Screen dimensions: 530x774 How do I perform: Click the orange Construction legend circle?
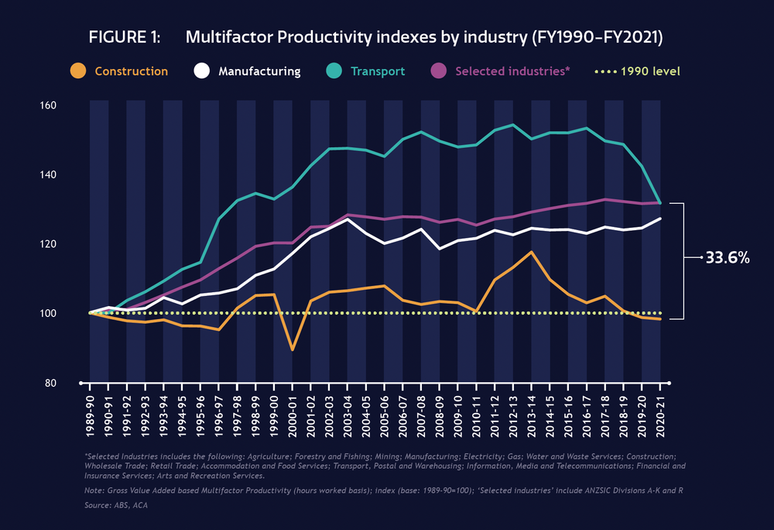[77, 71]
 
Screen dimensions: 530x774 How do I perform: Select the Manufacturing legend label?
[259, 71]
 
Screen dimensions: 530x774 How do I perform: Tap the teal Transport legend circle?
[334, 71]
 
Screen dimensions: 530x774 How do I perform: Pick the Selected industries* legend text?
[512, 71]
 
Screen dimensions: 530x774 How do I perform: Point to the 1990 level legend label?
[651, 71]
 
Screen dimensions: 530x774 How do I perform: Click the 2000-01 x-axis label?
[293, 411]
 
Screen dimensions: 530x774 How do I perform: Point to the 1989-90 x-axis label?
[91, 411]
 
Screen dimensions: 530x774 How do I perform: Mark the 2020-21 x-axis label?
[659, 411]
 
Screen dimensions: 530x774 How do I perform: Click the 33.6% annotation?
[728, 259]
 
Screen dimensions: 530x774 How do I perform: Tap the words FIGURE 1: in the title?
[125, 38]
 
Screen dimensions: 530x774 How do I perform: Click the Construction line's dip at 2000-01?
[293, 349]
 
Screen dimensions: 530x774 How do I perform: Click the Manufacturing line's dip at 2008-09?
[439, 249]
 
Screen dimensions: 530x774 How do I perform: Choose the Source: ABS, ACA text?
[115, 504]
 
